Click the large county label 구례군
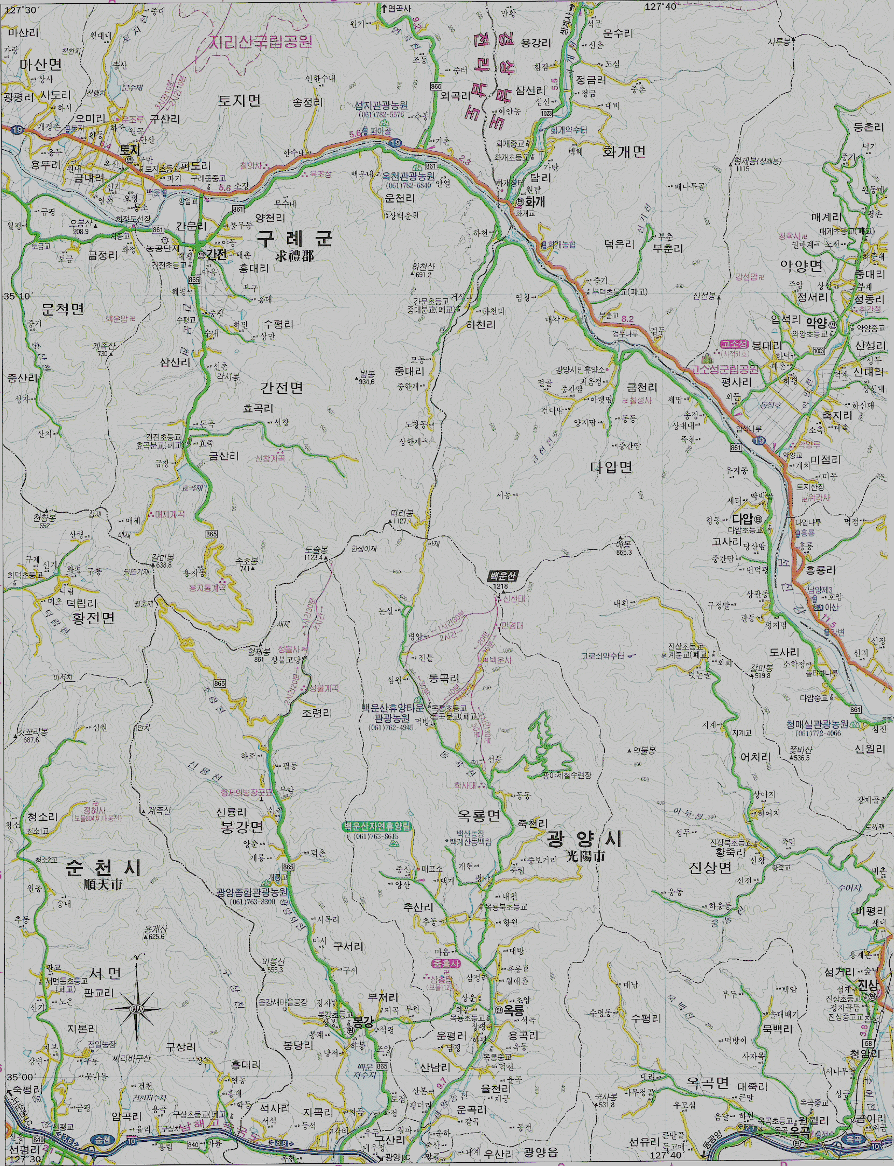click(x=294, y=238)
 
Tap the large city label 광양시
click(x=585, y=839)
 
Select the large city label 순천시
click(x=103, y=868)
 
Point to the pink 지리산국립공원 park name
click(x=261, y=42)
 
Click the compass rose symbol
click(x=137, y=1008)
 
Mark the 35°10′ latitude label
click(x=18, y=296)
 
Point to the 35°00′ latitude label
click(x=20, y=1077)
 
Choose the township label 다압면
click(x=611, y=467)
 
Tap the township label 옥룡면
click(x=479, y=816)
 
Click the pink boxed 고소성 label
click(x=734, y=344)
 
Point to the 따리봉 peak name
click(x=402, y=513)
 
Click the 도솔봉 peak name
click(x=316, y=550)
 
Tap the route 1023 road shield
click(x=546, y=113)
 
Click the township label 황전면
click(x=93, y=618)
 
